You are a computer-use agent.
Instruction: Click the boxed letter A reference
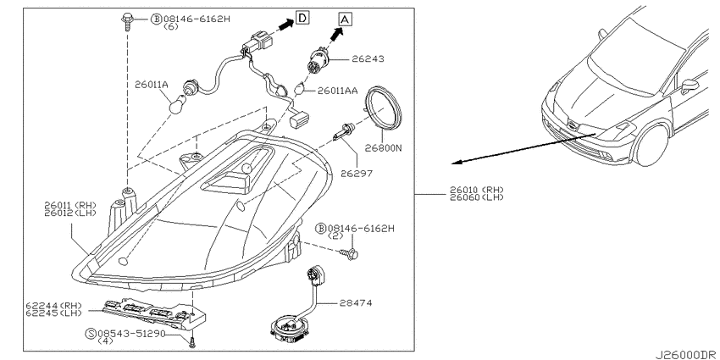345,17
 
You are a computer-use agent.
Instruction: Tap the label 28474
356,302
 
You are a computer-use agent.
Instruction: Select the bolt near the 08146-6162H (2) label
351,252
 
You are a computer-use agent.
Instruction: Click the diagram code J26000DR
683,353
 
